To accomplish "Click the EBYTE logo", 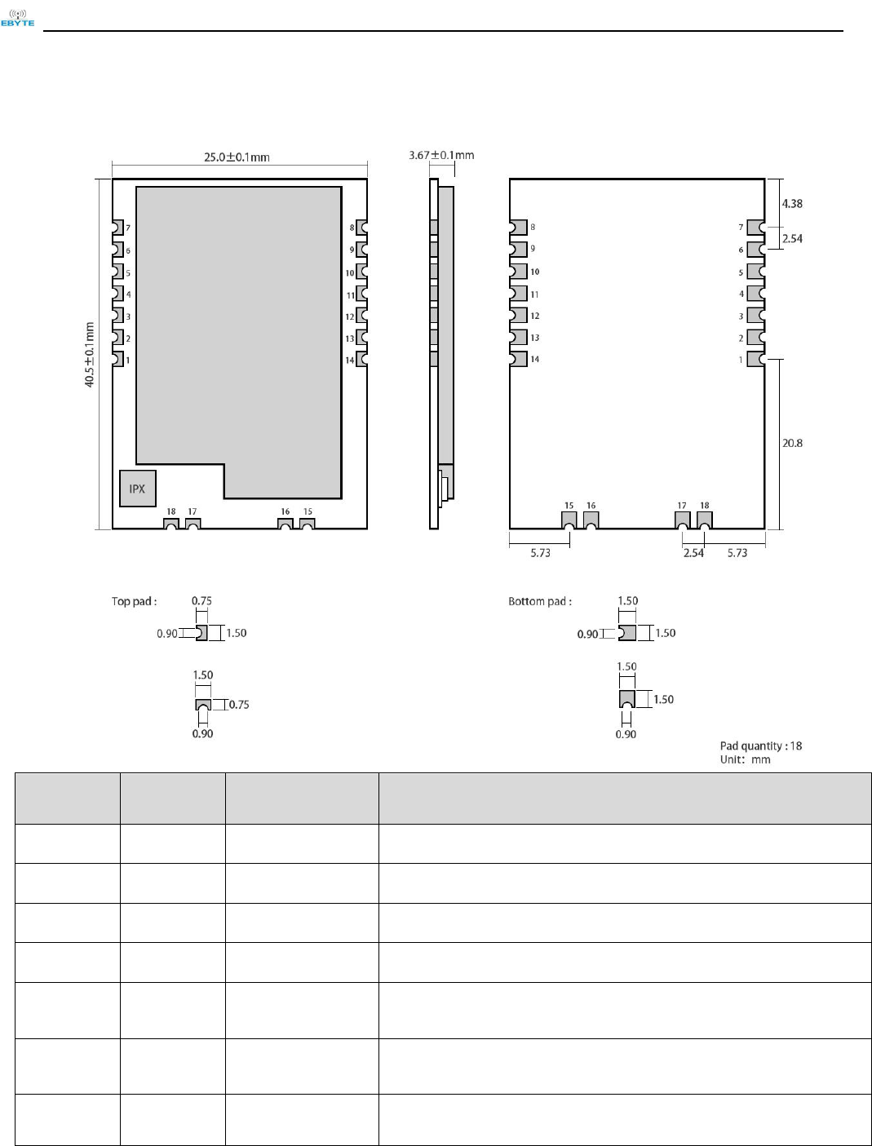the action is click(17, 17).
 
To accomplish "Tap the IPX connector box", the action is click(137, 488).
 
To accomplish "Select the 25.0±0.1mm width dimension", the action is click(237, 157).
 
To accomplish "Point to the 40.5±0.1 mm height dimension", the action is click(90, 355).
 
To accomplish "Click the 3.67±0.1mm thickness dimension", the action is click(441, 155).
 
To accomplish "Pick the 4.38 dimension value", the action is click(791, 204).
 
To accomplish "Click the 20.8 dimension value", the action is click(792, 443).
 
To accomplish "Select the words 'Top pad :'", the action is click(135, 601).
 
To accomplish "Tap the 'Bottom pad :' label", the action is click(540, 601).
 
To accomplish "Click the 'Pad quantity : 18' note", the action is click(761, 746).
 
